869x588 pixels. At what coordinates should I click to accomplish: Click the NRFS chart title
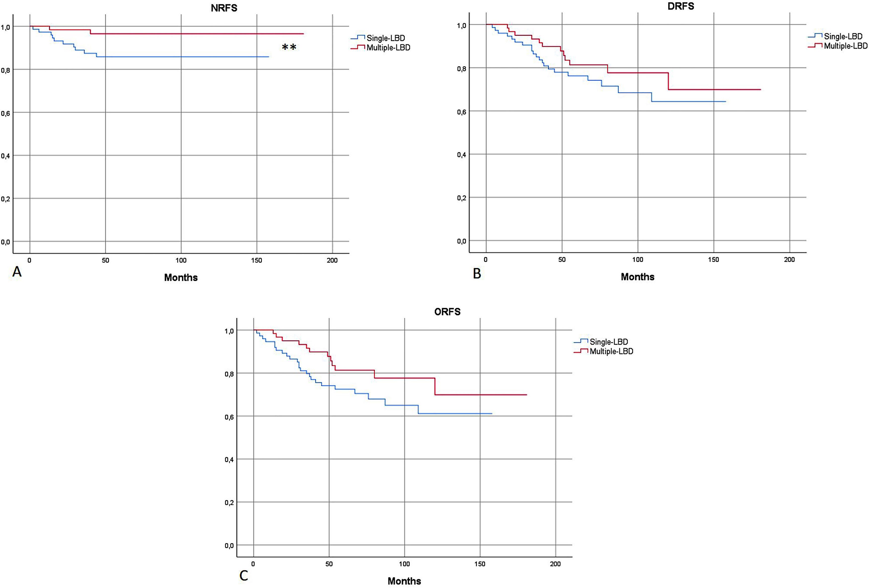pyautogui.click(x=224, y=8)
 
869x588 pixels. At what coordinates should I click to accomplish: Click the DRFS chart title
pyautogui.click(x=681, y=6)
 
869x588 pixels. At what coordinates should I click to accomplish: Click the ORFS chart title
pyautogui.click(x=447, y=312)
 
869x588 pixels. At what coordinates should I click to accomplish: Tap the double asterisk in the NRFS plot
pyautogui.click(x=289, y=47)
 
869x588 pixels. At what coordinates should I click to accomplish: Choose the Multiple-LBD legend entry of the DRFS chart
pyautogui.click(x=845, y=46)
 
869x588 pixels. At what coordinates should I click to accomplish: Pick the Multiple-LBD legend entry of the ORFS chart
pyautogui.click(x=611, y=351)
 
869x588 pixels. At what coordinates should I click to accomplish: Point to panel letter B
pyautogui.click(x=477, y=274)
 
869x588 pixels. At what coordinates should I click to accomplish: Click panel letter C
pyautogui.click(x=243, y=576)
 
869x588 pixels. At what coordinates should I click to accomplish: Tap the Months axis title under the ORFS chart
pyautogui.click(x=404, y=581)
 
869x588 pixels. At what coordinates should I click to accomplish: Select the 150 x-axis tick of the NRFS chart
pyautogui.click(x=256, y=260)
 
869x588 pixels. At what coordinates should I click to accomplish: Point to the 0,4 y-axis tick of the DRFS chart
pyautogui.click(x=462, y=155)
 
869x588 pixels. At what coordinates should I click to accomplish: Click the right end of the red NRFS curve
pyautogui.click(x=303, y=34)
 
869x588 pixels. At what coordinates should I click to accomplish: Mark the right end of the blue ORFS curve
pyautogui.click(x=492, y=413)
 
